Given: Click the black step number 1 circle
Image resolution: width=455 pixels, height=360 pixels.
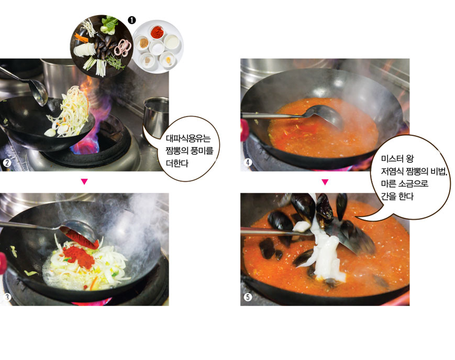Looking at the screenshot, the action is tap(131, 20).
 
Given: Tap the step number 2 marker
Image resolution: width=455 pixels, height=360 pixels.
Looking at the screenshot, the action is tap(7, 162).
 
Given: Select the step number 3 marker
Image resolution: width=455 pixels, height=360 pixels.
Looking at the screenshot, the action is tap(7, 297).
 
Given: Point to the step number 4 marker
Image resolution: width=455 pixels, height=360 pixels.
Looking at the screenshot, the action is tap(248, 162).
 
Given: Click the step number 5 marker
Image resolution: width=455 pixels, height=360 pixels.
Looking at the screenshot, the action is tap(248, 297).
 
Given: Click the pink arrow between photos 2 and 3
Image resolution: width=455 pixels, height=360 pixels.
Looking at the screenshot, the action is tap(84, 182).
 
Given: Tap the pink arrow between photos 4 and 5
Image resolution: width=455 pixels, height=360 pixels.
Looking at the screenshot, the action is tap(325, 182).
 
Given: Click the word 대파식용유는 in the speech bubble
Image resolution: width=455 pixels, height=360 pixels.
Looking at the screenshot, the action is tap(188, 138).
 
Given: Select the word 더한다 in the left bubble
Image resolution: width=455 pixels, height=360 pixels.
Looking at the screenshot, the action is tap(177, 163).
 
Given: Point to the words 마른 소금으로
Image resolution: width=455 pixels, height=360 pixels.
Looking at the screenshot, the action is tap(405, 184).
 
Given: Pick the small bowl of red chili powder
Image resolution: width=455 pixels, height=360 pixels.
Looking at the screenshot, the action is tap(157, 32).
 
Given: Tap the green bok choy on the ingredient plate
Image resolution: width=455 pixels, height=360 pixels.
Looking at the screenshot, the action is tap(109, 25).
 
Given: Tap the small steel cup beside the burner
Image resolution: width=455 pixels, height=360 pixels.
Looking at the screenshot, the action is tap(157, 117).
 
